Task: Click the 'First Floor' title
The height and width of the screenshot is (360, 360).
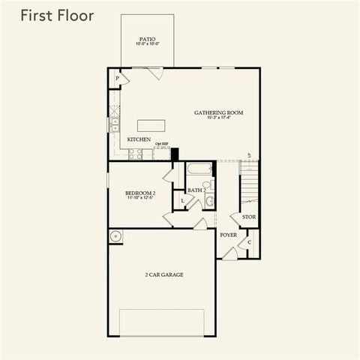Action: [57, 16]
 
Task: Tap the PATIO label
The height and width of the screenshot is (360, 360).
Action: [148, 39]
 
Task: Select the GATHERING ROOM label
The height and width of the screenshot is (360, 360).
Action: [219, 113]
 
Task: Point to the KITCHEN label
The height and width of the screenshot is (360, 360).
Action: [139, 139]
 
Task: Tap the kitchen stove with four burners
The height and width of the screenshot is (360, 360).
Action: [136, 154]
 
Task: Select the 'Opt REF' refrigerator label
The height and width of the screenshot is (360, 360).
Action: [160, 144]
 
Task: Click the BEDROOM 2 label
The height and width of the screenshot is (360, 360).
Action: [140, 193]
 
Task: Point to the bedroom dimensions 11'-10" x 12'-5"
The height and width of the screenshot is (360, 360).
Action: [140, 199]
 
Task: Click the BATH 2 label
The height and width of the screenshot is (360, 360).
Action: [196, 190]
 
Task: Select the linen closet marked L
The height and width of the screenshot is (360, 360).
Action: [183, 201]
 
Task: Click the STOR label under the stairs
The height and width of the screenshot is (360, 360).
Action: [249, 217]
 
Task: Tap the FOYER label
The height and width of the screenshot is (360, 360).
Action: [229, 235]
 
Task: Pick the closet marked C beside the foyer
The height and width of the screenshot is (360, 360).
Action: [250, 241]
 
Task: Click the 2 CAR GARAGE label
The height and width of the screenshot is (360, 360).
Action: [164, 274]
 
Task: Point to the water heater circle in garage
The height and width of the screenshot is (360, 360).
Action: [115, 237]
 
